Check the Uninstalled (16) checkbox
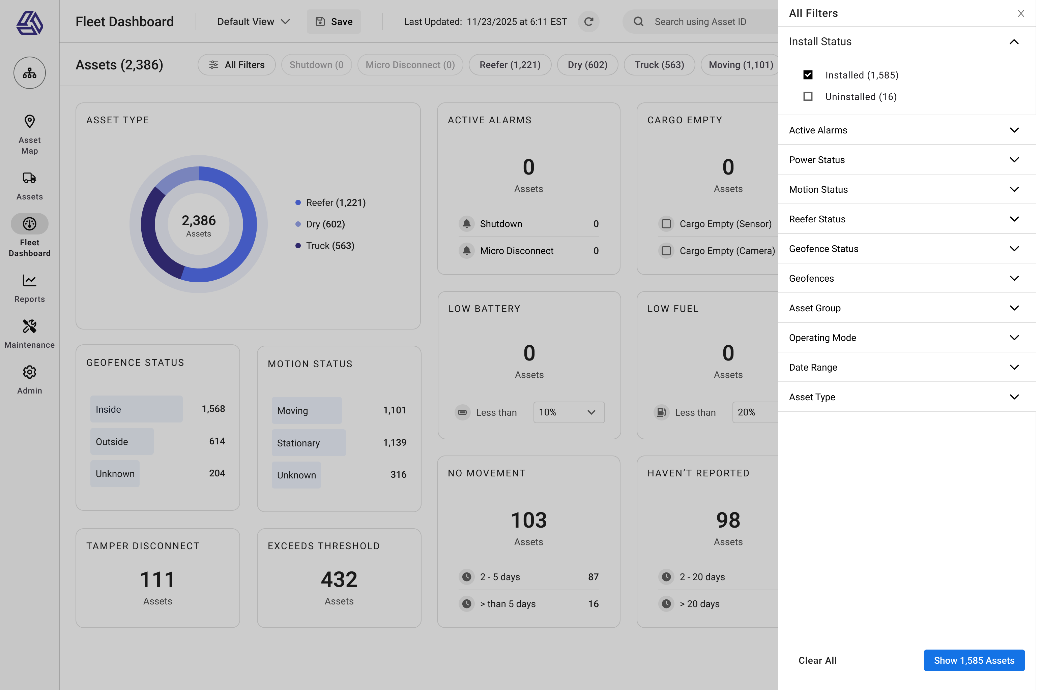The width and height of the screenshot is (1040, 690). tap(808, 96)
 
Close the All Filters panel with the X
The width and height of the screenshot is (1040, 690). tap(1021, 13)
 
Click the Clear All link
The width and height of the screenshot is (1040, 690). tap(817, 660)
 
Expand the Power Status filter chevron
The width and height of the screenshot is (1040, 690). tap(1014, 160)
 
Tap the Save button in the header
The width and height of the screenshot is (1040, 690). tap(334, 22)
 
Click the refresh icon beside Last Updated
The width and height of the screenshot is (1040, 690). tap(588, 22)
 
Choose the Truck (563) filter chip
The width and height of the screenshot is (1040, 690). tap(659, 65)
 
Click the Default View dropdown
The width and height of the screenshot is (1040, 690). tap(253, 22)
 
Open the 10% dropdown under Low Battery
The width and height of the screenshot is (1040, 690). tap(569, 412)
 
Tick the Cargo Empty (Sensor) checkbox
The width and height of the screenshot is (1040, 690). tap(666, 224)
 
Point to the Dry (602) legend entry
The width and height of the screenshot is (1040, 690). tap(325, 224)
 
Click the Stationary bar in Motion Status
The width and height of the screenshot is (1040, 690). tap(308, 443)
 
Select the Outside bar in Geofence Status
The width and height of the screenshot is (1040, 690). tap(122, 441)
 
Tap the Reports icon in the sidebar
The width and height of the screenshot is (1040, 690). tap(30, 281)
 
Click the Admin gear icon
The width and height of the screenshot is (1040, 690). tap(30, 372)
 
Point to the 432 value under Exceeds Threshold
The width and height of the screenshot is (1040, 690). tap(339, 579)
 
